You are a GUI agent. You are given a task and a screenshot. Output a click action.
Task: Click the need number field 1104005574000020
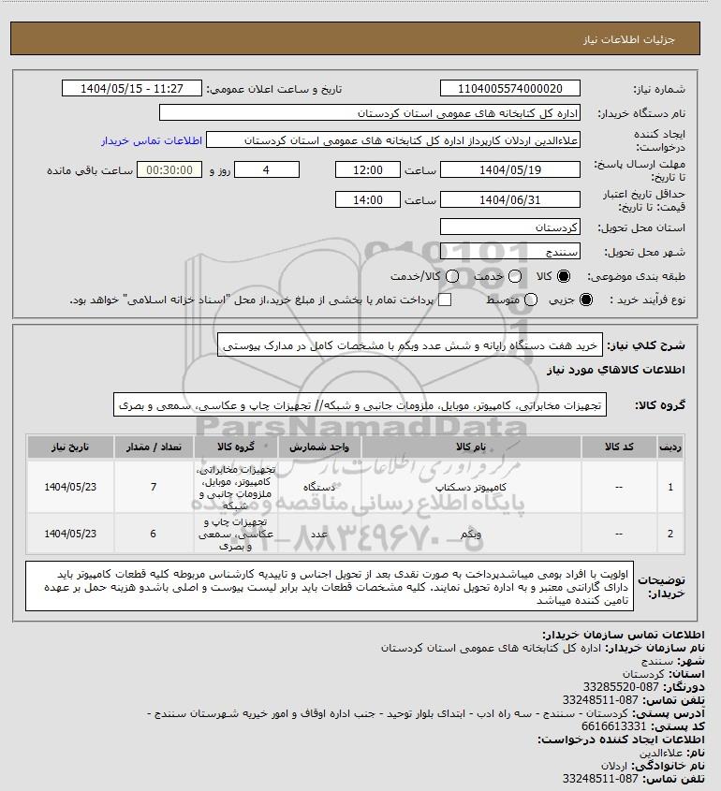pos(510,89)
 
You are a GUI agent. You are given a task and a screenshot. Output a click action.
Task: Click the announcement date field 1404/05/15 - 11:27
pos(131,89)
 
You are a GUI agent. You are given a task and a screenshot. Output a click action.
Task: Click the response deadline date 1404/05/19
pos(510,170)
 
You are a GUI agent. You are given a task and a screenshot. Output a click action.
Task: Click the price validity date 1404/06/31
pos(510,199)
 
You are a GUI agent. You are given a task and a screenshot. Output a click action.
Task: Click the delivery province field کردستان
pos(510,227)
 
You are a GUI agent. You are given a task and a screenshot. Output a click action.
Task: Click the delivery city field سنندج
pos(510,253)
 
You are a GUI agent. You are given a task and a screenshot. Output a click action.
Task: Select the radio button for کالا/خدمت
pos(454,277)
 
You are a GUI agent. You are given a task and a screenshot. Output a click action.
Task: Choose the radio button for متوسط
pos(531,300)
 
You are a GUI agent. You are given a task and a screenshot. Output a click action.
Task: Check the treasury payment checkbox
pos(445,300)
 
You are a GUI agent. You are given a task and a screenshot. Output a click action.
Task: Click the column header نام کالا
pos(448,447)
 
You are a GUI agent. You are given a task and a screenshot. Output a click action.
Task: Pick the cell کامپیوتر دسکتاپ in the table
pos(448,487)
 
